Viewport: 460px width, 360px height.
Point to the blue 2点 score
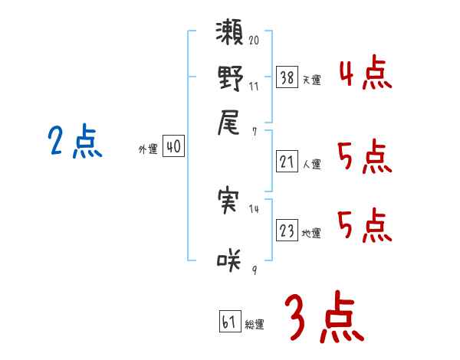click(75, 142)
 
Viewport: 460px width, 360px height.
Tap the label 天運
click(310, 80)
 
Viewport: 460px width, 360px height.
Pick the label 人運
click(311, 164)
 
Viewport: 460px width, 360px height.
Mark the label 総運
click(254, 325)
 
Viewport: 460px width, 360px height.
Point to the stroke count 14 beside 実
click(253, 208)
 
